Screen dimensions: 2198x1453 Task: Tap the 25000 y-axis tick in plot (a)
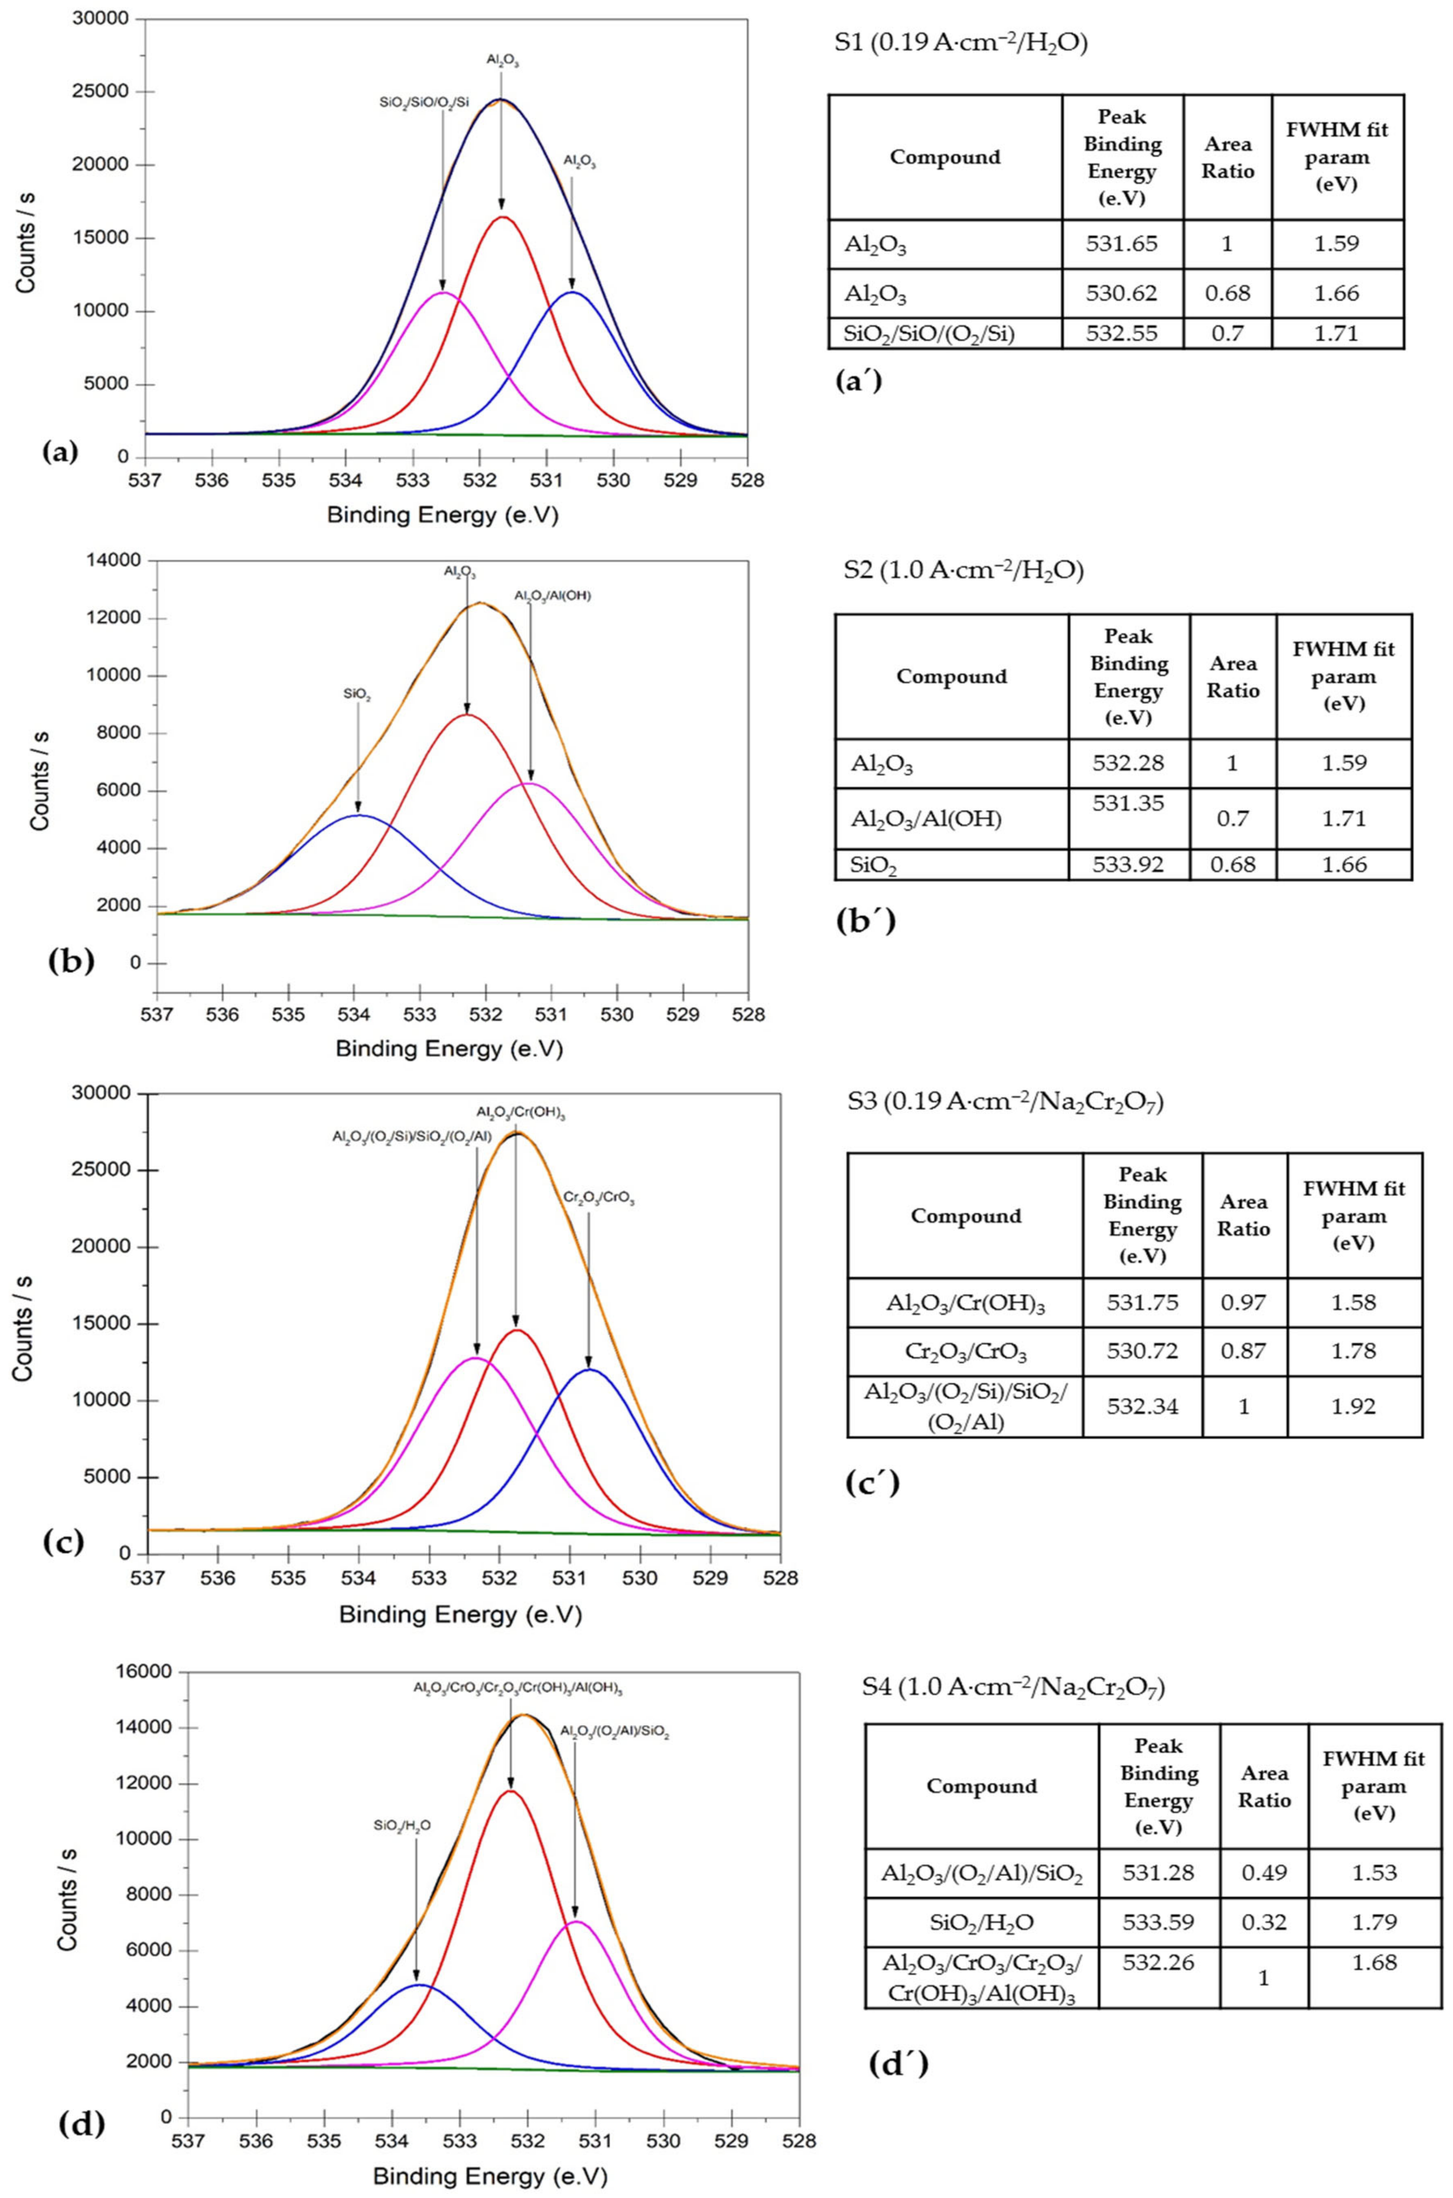coord(105,92)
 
